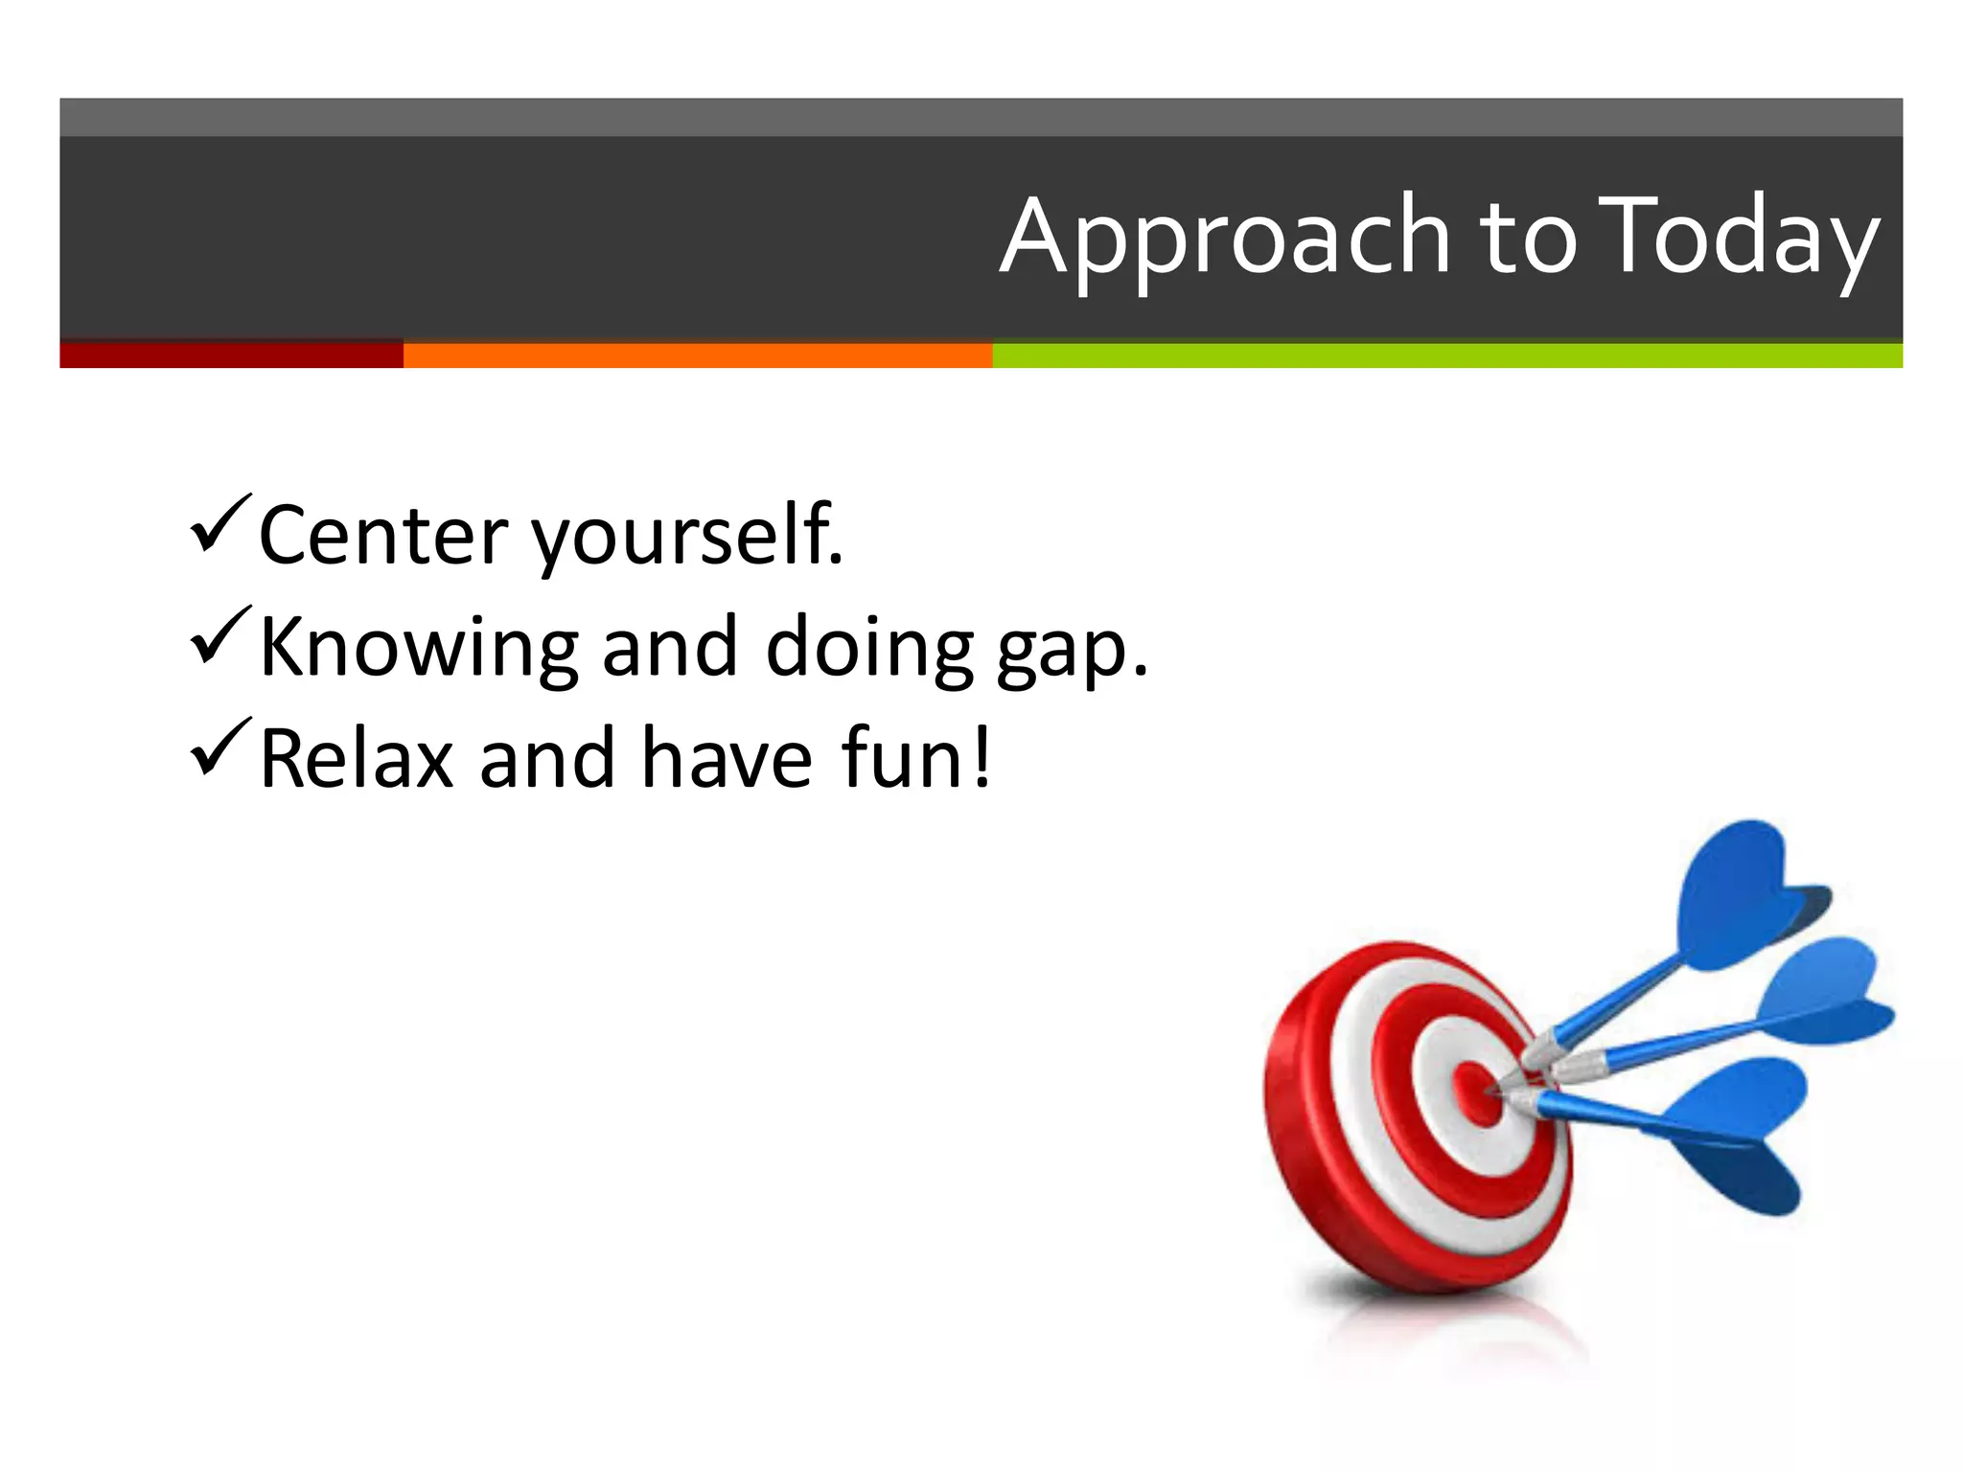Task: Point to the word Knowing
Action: [x=419, y=648]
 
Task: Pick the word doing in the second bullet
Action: [x=869, y=648]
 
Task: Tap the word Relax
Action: [x=357, y=759]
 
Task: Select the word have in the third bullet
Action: [x=727, y=759]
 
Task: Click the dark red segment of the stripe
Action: [x=231, y=355]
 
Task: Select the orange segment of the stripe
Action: [x=697, y=355]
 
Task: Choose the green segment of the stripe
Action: [x=1446, y=355]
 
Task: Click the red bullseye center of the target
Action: [x=1477, y=1092]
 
